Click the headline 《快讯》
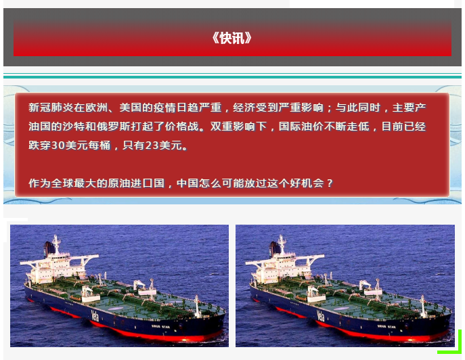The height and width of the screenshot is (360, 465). [x=232, y=39]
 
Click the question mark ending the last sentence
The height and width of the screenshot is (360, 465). [x=330, y=183]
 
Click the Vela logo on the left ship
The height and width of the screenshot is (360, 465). [x=95, y=315]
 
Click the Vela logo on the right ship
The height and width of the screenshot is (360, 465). [x=320, y=315]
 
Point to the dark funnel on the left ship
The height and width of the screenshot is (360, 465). [x=49, y=248]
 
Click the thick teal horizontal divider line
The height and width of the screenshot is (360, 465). [x=232, y=77]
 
